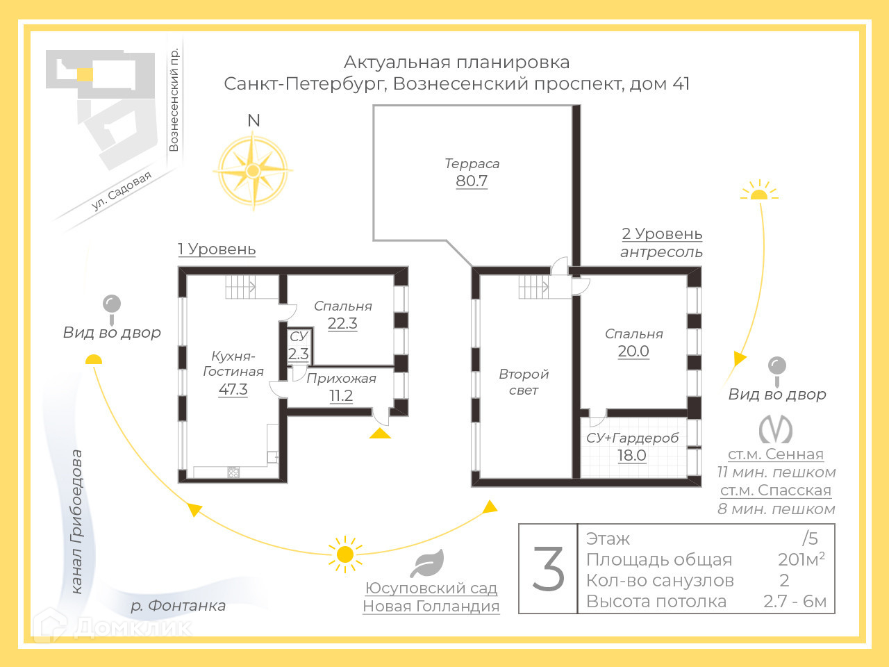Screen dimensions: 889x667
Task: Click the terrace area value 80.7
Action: coord(472,181)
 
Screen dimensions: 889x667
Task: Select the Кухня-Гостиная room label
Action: coord(233,364)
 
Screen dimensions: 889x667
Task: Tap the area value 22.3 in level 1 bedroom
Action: coord(342,323)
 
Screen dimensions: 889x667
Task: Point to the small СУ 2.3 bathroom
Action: coord(299,346)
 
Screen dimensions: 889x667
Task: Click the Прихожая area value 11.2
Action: coord(341,396)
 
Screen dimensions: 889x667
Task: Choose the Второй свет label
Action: coord(524,382)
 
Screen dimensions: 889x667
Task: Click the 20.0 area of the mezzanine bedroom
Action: coord(633,351)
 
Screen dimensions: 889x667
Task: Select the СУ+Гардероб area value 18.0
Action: coord(632,455)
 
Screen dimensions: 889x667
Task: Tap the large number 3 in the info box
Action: coord(549,568)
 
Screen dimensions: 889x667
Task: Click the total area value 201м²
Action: coord(801,559)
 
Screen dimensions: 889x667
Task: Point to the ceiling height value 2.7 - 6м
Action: coord(795,601)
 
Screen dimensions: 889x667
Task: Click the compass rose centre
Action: coord(254,170)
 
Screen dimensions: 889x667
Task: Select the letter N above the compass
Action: coord(254,120)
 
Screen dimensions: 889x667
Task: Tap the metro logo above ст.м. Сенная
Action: coord(776,430)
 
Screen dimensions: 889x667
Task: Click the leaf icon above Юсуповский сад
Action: coord(426,563)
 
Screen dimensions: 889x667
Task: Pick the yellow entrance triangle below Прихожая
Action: coord(380,434)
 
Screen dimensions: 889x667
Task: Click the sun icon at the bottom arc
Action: coord(345,554)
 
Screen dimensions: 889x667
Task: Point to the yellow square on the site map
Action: coord(84,74)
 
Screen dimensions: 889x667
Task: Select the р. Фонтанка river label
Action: coord(178,605)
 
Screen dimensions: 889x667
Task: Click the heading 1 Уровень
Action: coord(217,249)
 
